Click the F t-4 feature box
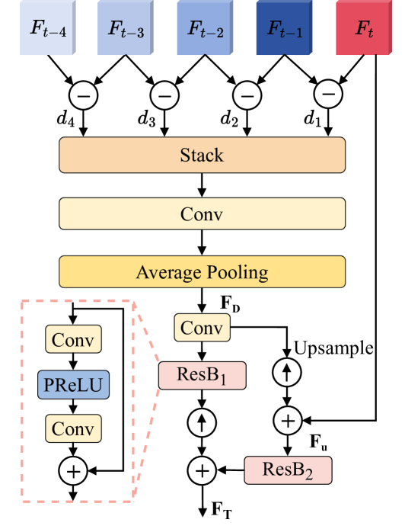point(47,28)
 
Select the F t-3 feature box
point(125,28)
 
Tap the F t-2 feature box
point(204,28)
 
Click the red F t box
point(364,28)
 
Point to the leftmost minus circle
point(83,96)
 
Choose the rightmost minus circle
point(327,95)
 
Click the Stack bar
point(202,155)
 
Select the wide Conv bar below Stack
point(202,214)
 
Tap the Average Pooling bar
point(202,272)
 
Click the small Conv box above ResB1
point(202,329)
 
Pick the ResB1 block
point(202,375)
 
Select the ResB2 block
point(288,470)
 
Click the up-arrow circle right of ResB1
point(287,373)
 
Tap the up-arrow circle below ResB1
point(202,423)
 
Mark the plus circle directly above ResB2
point(287,420)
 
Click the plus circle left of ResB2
point(202,470)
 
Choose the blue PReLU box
point(74,385)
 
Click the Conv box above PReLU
point(74,340)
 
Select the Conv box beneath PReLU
point(74,429)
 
